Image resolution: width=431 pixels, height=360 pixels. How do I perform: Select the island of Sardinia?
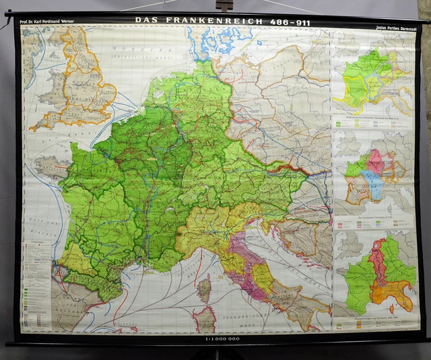coord(203,319)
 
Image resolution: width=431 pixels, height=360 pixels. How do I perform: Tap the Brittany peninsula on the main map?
coord(46,165)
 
